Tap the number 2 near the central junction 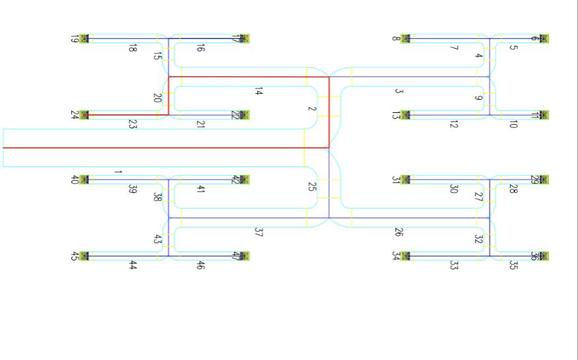(x=312, y=109)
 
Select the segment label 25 (x=312, y=186)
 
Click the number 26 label (x=399, y=233)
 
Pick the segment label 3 (x=399, y=91)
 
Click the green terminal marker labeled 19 (x=84, y=39)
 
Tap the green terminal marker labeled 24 (x=84, y=115)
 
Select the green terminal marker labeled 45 (x=84, y=256)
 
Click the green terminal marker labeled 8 (x=406, y=39)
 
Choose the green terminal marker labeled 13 (x=406, y=115)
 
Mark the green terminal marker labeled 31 (x=406, y=180)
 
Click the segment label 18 (x=133, y=48)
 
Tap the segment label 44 (x=133, y=266)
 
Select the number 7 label (x=454, y=48)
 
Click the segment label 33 (x=454, y=266)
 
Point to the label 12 (x=454, y=124)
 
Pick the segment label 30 (x=454, y=189)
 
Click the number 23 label (x=133, y=124)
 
